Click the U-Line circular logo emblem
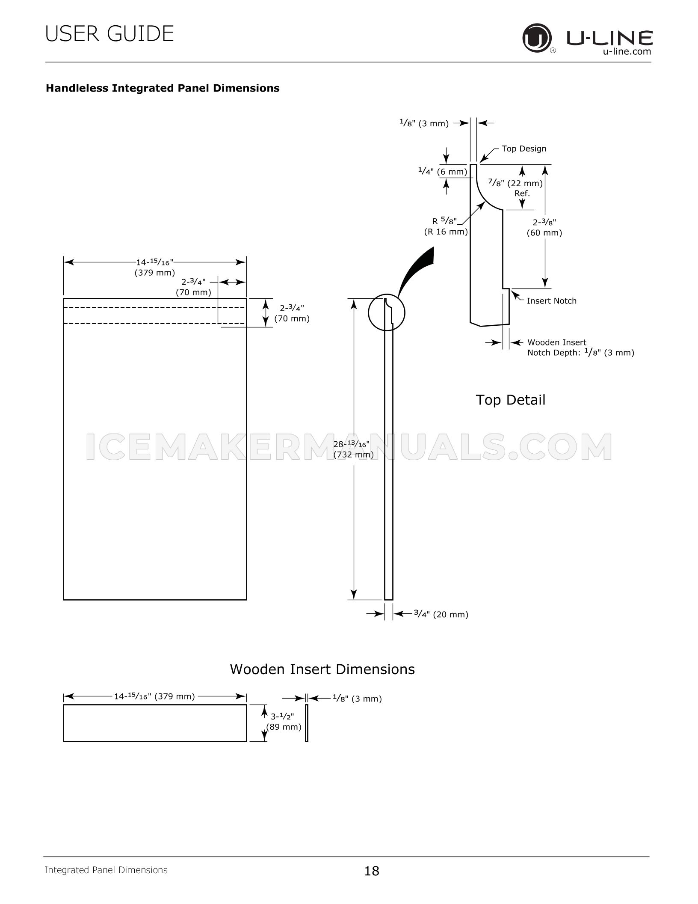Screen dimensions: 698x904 pos(536,39)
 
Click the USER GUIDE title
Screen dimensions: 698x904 pos(109,34)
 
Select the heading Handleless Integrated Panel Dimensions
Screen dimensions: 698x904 pos(163,88)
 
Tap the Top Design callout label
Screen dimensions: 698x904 pos(524,149)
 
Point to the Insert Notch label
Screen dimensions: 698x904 pos(551,301)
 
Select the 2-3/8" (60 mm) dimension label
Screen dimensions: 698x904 pos(544,228)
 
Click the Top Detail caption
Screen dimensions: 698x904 pos(511,400)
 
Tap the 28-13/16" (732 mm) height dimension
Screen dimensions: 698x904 pos(353,449)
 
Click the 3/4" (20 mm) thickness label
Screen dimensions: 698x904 pos(441,614)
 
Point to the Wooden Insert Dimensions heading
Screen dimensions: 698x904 pos(322,669)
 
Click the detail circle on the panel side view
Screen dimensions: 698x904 pos(387,313)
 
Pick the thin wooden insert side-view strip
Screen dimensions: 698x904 pos(307,723)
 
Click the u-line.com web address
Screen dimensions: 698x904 pos(627,51)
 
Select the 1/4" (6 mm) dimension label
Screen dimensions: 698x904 pos(443,172)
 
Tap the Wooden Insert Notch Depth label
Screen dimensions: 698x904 pos(580,348)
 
